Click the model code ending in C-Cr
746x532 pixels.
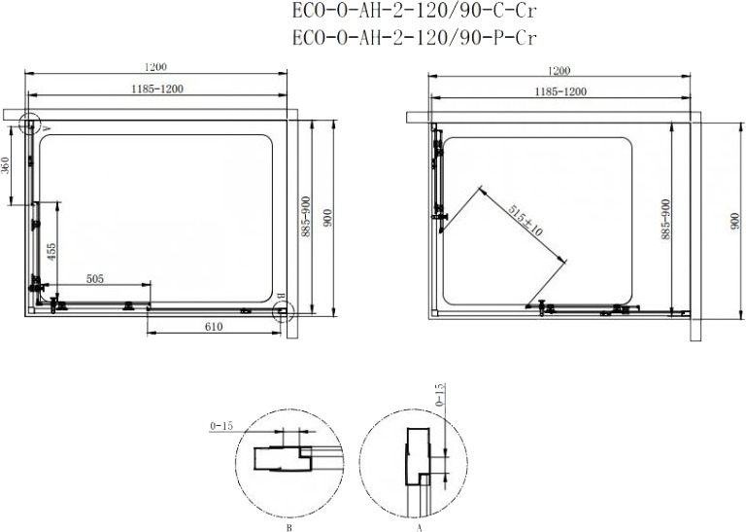pyautogui.click(x=415, y=12)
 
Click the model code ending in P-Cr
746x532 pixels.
pyautogui.click(x=415, y=38)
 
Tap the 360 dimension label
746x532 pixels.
pyautogui.click(x=6, y=164)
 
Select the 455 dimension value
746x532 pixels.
pyautogui.click(x=51, y=252)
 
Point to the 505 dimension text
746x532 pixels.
pyautogui.click(x=94, y=278)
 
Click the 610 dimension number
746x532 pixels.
pyautogui.click(x=214, y=327)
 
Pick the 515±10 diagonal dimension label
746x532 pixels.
pyautogui.click(x=525, y=221)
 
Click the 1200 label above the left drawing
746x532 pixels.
pyautogui.click(x=155, y=67)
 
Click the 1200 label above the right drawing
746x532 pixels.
pyautogui.click(x=559, y=70)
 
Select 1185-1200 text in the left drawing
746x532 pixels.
pyautogui.click(x=157, y=89)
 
